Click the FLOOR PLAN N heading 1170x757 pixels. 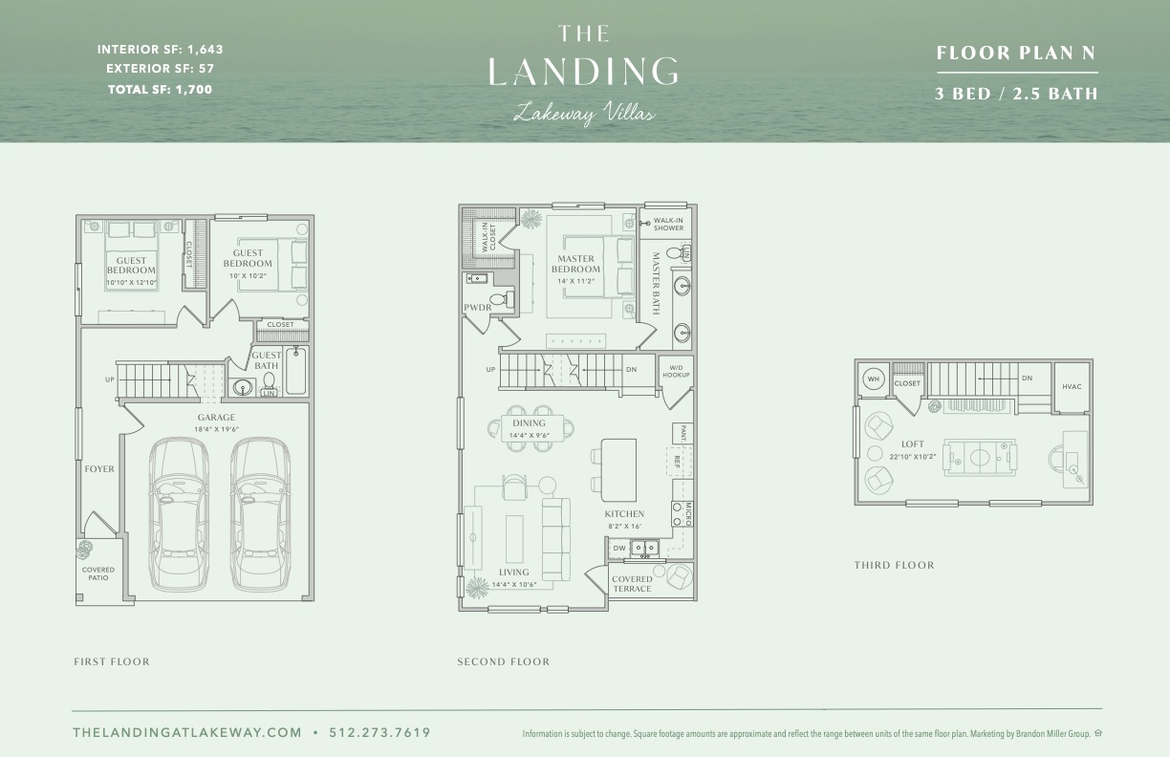pyautogui.click(x=1017, y=54)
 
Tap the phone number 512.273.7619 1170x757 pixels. pyautogui.click(x=379, y=733)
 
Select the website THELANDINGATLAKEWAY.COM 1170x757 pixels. pyautogui.click(x=187, y=733)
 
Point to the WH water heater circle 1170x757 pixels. pyautogui.click(x=872, y=378)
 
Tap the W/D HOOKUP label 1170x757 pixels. pyautogui.click(x=676, y=372)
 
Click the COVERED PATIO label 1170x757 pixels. pyautogui.click(x=97, y=573)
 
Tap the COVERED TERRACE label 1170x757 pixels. pyautogui.click(x=632, y=584)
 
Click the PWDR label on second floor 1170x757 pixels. pyautogui.click(x=477, y=308)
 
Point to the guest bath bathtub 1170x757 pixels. pyautogui.click(x=297, y=374)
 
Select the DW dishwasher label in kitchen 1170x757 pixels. pyautogui.click(x=618, y=548)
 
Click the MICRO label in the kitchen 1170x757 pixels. pyautogui.click(x=687, y=513)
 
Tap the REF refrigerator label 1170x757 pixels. pyautogui.click(x=677, y=460)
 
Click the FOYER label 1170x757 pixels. pyautogui.click(x=99, y=469)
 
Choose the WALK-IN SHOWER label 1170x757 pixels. pyautogui.click(x=668, y=224)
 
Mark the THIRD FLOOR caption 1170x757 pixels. pyautogui.click(x=894, y=565)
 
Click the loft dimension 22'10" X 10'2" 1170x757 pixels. pyautogui.click(x=914, y=456)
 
